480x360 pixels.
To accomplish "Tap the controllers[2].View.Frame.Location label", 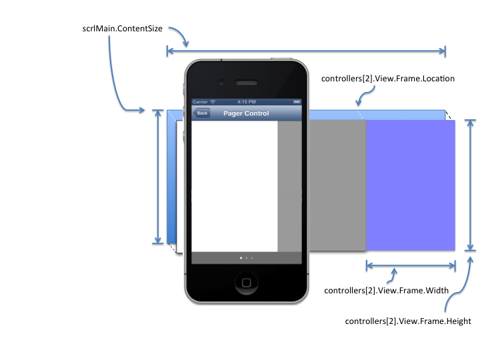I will (x=387, y=79).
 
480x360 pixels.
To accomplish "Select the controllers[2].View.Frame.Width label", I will (x=385, y=291).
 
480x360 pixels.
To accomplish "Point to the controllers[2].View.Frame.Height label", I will (x=408, y=321).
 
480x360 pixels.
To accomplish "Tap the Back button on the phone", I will (x=201, y=113).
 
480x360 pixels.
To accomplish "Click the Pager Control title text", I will (x=246, y=113).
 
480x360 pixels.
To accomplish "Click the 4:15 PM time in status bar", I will (x=246, y=102).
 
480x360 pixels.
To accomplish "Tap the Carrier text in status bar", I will (x=200, y=102).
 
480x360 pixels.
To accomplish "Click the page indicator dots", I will (x=246, y=257).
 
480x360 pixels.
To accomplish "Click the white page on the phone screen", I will (x=234, y=187).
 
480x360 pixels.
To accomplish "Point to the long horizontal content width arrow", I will (x=306, y=50).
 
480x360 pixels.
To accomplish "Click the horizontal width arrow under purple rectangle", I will (x=410, y=265).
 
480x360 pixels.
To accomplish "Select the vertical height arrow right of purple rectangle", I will (x=471, y=185).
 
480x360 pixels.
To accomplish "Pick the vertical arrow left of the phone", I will (x=158, y=177).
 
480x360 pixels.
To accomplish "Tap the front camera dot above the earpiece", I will (x=221, y=83).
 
